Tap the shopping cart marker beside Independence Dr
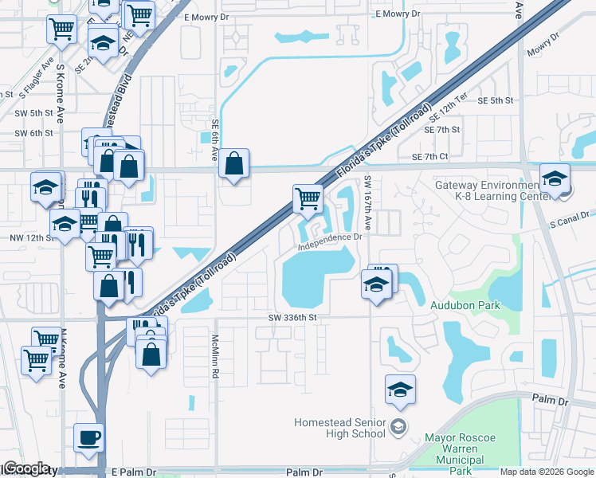point(308,198)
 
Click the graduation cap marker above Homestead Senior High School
point(399,389)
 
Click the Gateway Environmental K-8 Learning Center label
point(491,190)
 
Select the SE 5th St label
point(495,101)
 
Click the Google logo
point(26,468)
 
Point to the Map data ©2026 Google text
point(547,472)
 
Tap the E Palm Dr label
point(134,472)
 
